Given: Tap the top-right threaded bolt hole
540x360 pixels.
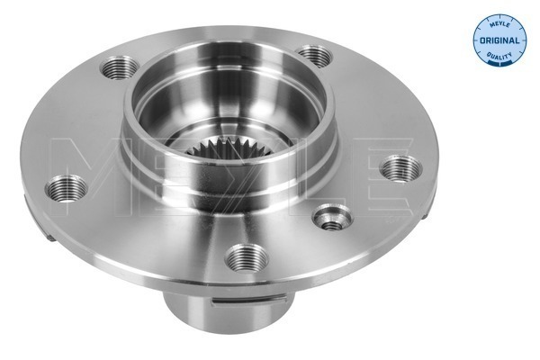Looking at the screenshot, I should click(314, 56).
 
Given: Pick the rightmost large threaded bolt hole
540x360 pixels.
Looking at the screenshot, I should click(400, 169).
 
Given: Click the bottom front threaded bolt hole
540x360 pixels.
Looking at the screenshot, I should click(246, 259).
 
